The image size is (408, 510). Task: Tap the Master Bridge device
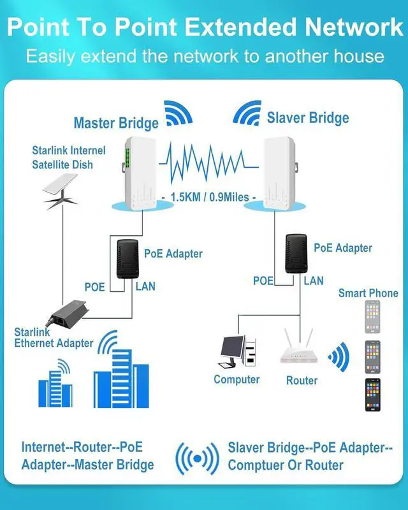(x=140, y=173)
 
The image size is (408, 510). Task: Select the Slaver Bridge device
(x=280, y=173)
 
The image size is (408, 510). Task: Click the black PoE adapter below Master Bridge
(x=128, y=259)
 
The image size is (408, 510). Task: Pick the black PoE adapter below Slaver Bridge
(x=296, y=254)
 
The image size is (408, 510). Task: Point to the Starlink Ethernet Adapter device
(x=68, y=312)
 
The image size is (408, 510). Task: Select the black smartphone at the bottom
(x=373, y=395)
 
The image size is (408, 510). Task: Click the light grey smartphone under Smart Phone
(x=372, y=317)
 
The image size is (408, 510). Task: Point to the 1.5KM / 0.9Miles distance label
(x=210, y=197)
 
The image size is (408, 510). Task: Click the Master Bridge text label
(x=116, y=123)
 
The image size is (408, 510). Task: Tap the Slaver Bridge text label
(x=308, y=118)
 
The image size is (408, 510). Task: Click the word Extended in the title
(x=240, y=27)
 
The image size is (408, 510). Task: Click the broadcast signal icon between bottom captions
(x=197, y=458)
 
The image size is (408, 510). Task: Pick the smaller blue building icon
(x=55, y=383)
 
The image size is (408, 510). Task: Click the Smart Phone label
(x=368, y=293)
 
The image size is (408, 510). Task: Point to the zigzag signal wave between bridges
(x=208, y=163)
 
